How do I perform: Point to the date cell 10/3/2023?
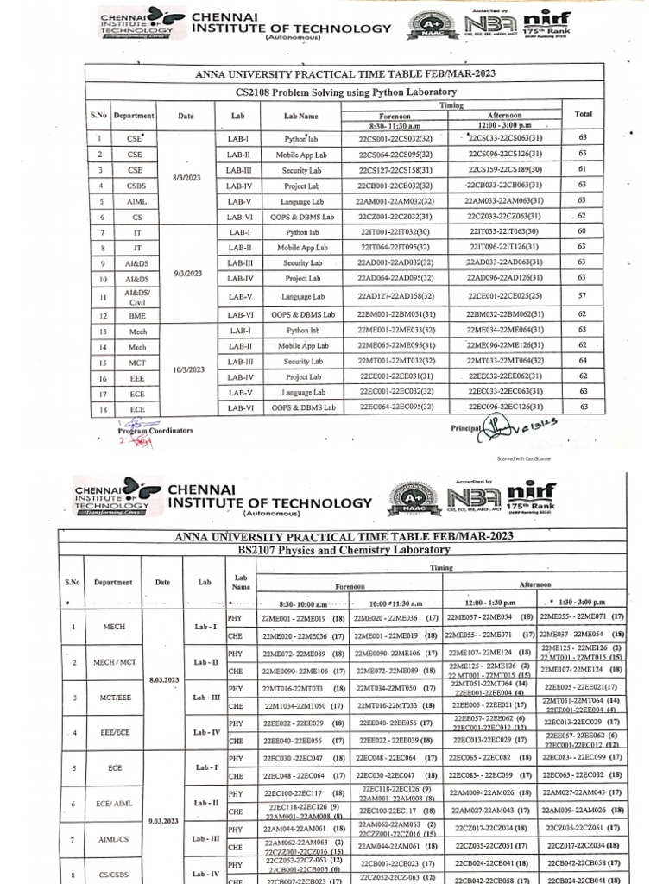187,369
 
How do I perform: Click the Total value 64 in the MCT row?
583,360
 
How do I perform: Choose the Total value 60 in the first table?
583,231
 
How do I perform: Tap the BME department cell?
136,316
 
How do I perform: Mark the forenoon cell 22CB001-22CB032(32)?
395,186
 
